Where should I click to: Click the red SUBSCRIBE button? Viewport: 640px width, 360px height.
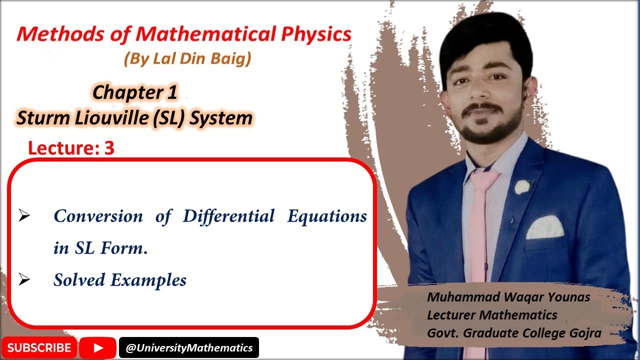click(x=39, y=347)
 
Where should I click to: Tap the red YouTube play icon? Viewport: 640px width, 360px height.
click(x=98, y=347)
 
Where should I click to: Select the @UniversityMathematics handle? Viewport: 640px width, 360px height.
click(x=189, y=347)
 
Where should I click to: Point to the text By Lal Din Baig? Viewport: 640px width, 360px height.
click(x=187, y=59)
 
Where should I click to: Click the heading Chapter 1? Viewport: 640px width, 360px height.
click(x=135, y=92)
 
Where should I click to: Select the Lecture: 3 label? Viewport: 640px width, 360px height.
click(x=71, y=148)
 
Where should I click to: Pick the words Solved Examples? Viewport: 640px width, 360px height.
click(x=120, y=279)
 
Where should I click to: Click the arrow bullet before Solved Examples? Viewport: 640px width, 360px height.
click(x=24, y=279)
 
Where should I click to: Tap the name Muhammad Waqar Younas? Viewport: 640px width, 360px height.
click(x=508, y=297)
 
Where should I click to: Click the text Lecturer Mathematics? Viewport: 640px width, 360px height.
click(x=492, y=315)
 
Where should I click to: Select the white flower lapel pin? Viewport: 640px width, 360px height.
click(x=522, y=187)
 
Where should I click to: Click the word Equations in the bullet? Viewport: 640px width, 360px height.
click(x=327, y=216)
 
